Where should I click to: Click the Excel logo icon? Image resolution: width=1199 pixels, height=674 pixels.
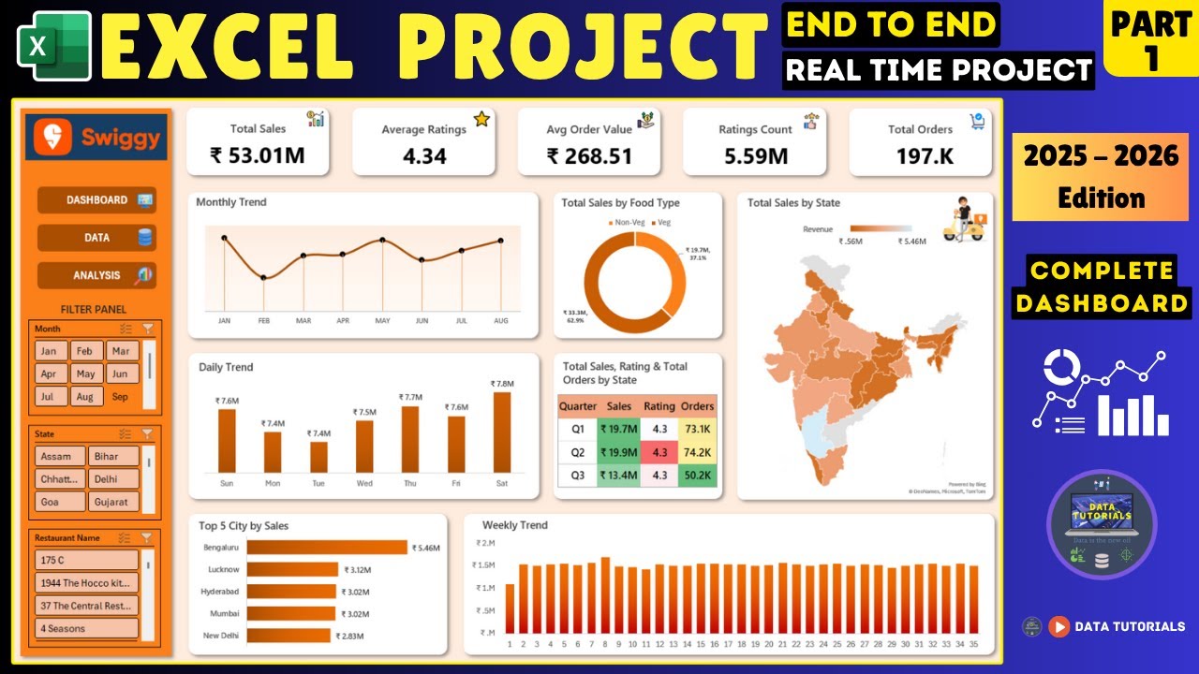tap(53, 46)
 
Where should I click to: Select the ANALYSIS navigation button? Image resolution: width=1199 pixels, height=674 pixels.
tap(96, 275)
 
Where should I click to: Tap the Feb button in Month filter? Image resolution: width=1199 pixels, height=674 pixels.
tap(84, 351)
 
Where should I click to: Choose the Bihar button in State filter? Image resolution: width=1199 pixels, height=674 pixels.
tap(114, 457)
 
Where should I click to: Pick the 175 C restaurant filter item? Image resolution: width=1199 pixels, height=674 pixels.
tap(86, 560)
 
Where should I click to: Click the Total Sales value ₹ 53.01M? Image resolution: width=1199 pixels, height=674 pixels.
tap(257, 155)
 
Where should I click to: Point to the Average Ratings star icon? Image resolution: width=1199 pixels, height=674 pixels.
tap(481, 119)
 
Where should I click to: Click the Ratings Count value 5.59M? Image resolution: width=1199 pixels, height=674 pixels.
tap(755, 155)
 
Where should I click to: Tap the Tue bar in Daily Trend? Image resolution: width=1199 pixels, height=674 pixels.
tap(318, 457)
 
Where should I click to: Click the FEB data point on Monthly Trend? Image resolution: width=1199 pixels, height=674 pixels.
tap(263, 277)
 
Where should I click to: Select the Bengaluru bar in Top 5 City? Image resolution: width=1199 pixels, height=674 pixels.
tap(327, 548)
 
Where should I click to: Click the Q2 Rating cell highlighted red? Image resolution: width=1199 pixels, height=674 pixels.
tap(659, 452)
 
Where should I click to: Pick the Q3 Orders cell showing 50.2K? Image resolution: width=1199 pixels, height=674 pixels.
tap(698, 475)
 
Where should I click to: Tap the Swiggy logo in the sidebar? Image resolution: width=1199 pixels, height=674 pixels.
tap(96, 138)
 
